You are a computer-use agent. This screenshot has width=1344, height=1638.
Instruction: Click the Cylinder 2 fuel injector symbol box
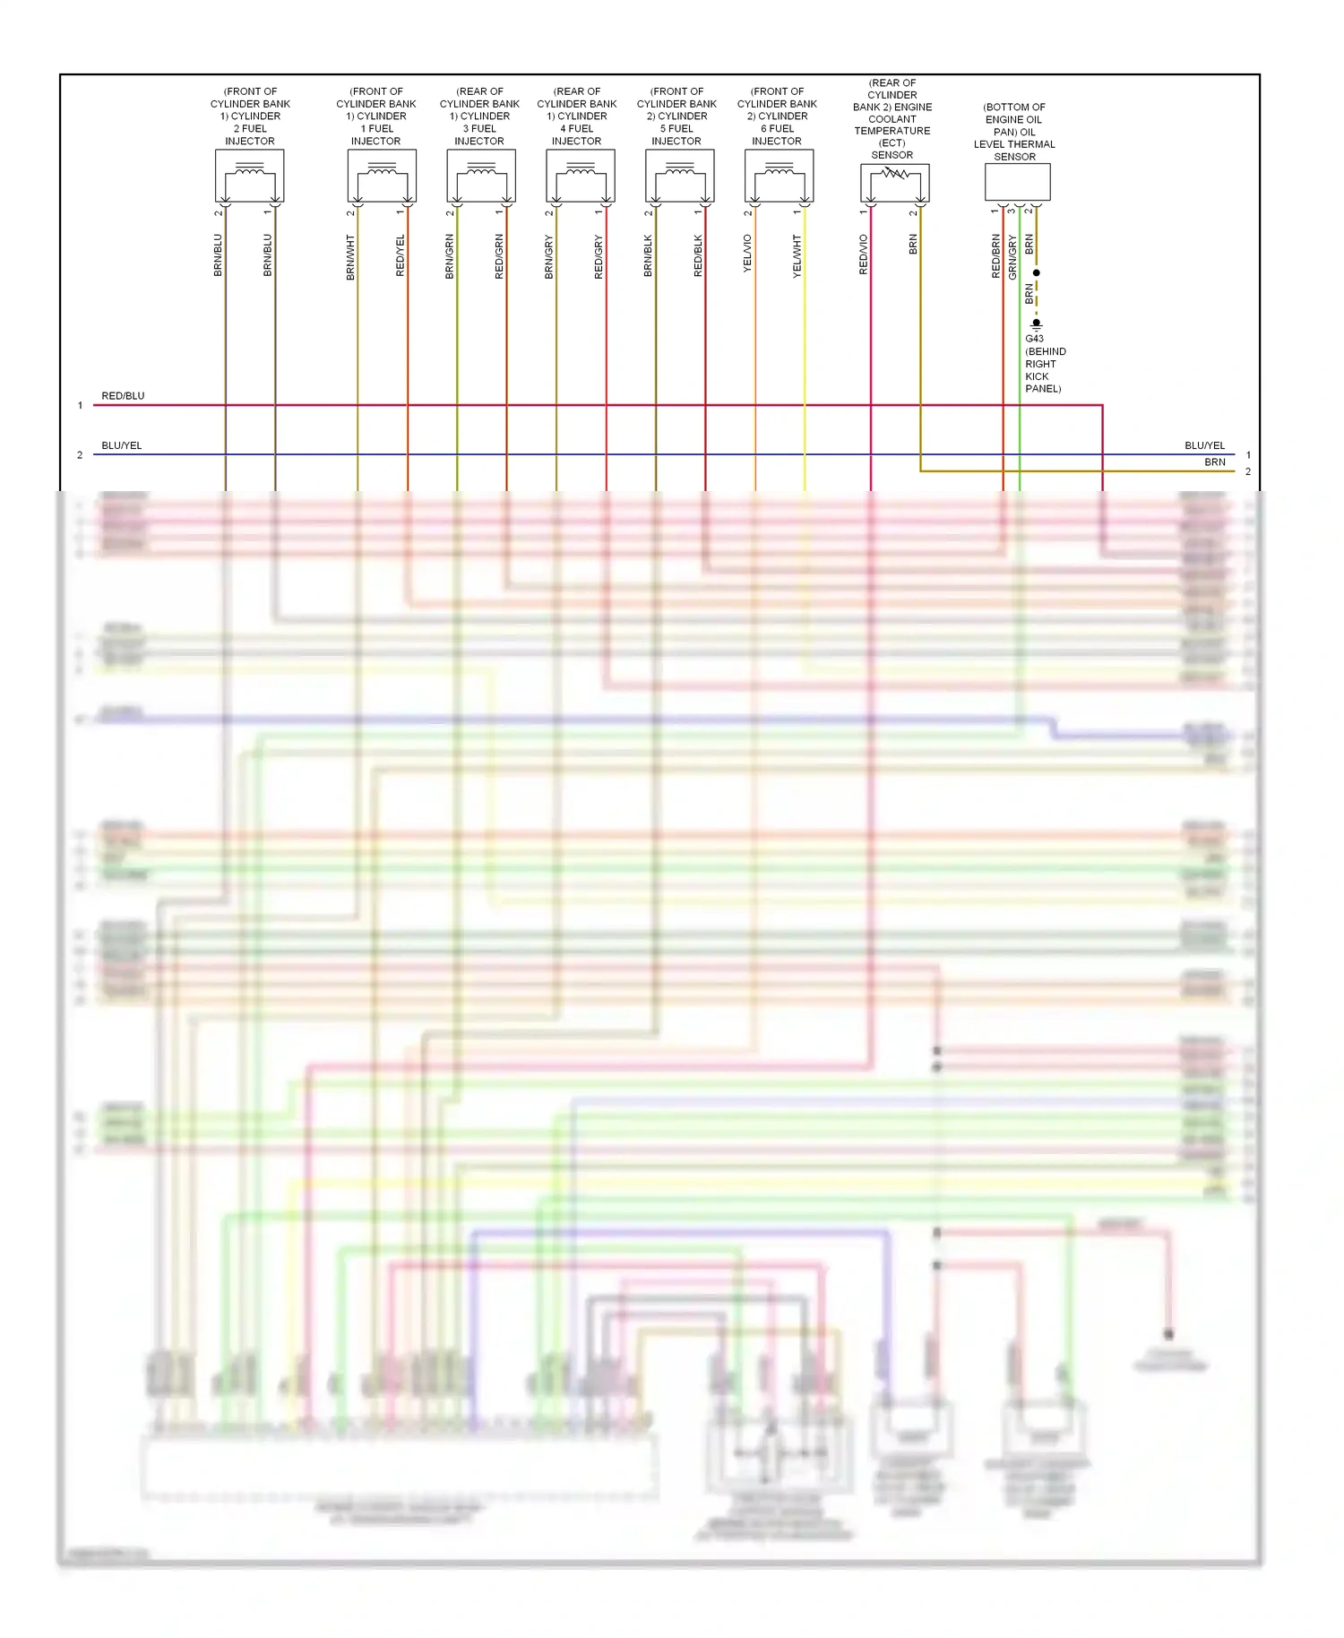(x=250, y=176)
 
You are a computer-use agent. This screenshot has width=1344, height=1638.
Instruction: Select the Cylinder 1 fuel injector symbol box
(x=382, y=176)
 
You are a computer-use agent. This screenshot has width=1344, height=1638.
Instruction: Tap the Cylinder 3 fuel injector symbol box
(x=481, y=176)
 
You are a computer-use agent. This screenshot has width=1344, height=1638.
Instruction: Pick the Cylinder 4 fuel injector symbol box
(x=581, y=176)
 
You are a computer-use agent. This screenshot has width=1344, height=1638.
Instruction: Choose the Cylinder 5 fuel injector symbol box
(x=680, y=176)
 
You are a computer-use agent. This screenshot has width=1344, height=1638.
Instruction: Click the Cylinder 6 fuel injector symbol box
(x=780, y=176)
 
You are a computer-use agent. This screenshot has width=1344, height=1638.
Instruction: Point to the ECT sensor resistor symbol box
(x=895, y=183)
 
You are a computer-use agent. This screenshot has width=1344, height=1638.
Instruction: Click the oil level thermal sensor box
(x=1018, y=182)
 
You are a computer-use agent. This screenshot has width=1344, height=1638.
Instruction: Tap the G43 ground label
(x=1034, y=339)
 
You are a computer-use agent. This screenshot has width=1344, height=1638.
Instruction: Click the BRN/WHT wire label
(x=350, y=257)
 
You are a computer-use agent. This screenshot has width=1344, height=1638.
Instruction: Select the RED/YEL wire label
(x=401, y=255)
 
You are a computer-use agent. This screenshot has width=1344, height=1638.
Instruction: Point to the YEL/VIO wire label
(x=747, y=254)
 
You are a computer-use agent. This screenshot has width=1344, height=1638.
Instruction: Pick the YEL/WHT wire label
(x=797, y=256)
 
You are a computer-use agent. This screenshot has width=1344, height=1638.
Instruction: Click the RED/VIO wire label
(x=864, y=254)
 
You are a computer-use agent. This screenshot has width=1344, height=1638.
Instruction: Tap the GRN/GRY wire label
(x=1012, y=257)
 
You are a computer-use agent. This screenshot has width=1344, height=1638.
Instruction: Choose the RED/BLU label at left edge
(x=123, y=396)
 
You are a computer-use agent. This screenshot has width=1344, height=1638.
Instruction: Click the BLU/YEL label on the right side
(x=1204, y=445)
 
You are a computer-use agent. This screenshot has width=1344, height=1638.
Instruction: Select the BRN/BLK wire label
(x=648, y=255)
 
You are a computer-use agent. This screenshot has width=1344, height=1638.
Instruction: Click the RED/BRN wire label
(x=995, y=256)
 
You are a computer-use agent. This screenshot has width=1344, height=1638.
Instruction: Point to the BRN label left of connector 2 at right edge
(x=1215, y=462)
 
